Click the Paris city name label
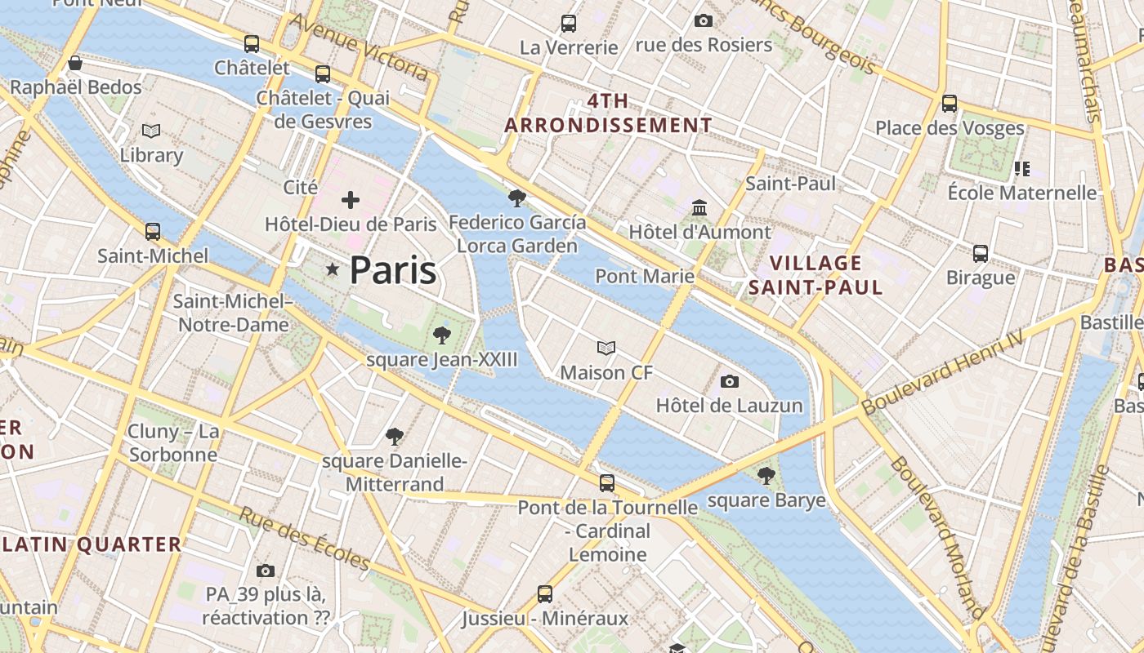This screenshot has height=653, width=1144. pyautogui.click(x=393, y=271)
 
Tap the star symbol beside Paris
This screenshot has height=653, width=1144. pyautogui.click(x=332, y=269)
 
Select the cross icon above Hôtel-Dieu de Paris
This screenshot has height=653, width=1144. pyautogui.click(x=351, y=199)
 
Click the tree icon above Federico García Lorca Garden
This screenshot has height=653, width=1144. pyautogui.click(x=516, y=198)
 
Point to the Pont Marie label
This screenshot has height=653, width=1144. pyautogui.click(x=645, y=276)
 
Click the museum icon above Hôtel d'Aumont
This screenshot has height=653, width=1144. pyautogui.click(x=699, y=207)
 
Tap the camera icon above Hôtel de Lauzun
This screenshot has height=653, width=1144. pyautogui.click(x=730, y=381)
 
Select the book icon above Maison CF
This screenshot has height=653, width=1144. pyautogui.click(x=606, y=349)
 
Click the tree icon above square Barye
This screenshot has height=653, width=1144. pyautogui.click(x=766, y=476)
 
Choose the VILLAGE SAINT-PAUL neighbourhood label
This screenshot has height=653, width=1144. pyautogui.click(x=816, y=275)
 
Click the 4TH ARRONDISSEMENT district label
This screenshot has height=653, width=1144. pyautogui.click(x=608, y=113)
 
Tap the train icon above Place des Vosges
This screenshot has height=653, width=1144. pyautogui.click(x=949, y=104)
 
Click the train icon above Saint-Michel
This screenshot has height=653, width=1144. pyautogui.click(x=153, y=232)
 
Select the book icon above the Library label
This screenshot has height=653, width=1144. pyautogui.click(x=151, y=131)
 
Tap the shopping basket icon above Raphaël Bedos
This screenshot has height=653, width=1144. pyautogui.click(x=75, y=63)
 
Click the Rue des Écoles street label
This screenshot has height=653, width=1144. pyautogui.click(x=304, y=539)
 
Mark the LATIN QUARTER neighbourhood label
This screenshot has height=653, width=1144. pyautogui.click(x=91, y=544)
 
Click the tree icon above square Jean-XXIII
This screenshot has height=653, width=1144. pyautogui.click(x=441, y=335)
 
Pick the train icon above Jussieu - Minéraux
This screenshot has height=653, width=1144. pyautogui.click(x=545, y=593)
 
